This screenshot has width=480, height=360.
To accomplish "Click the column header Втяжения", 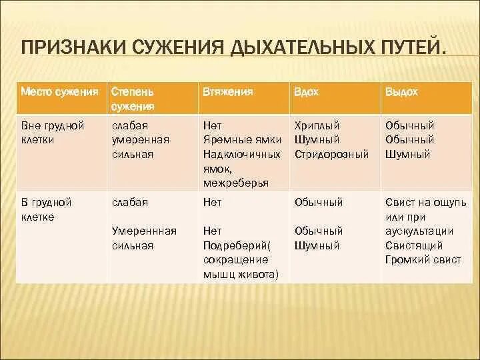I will coord(227,91).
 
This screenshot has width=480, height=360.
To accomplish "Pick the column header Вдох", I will coord(306,91).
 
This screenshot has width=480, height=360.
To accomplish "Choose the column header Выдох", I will coord(401,91).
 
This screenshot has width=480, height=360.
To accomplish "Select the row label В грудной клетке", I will coord(46,209).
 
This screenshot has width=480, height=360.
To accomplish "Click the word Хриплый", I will coord(317,125).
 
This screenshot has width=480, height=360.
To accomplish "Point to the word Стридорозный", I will coord(331,154).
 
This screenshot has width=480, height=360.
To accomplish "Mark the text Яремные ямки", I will coord(242,140).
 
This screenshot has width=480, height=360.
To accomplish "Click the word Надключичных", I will coord(241,155).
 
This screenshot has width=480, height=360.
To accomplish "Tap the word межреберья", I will coord(236,183).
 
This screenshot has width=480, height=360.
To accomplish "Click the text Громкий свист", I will coord(422,260).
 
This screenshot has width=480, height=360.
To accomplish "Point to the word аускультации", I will coord(419,231).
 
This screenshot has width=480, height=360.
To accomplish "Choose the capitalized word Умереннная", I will coord(144,231).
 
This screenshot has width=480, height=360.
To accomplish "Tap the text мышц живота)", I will coord(241,274).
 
